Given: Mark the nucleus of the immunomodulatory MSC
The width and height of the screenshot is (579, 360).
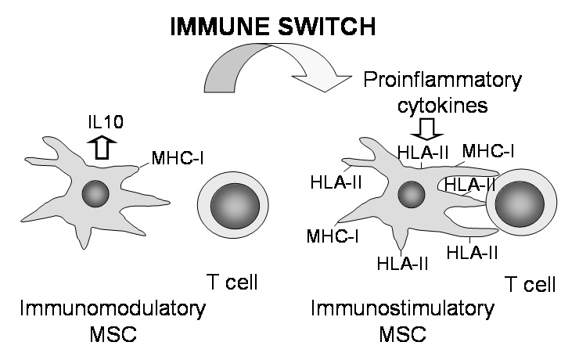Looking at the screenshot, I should tap(95, 192).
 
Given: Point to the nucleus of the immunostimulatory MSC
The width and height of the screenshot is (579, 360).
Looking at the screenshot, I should tap(411, 193).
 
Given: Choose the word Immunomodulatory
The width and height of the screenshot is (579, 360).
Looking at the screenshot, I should tap(113, 308).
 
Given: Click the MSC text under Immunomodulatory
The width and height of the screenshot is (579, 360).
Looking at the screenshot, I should tap(114, 336).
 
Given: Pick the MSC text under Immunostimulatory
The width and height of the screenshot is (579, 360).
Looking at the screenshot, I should tap(404, 336).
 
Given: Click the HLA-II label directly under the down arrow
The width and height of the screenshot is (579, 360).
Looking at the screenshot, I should tap(424, 153).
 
